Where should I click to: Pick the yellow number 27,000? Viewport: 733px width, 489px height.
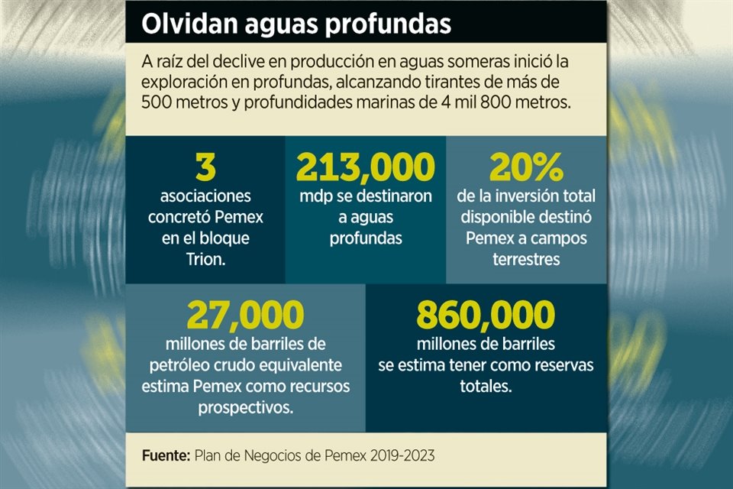(x=245, y=314)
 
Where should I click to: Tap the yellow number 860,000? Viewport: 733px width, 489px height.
(x=486, y=314)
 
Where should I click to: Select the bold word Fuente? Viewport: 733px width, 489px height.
(x=165, y=455)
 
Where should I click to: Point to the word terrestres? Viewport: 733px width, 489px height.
(x=526, y=260)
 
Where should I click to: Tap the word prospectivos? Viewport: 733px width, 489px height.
(x=245, y=407)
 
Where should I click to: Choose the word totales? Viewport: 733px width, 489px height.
(x=486, y=387)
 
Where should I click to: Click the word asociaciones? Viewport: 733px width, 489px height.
(x=206, y=196)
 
